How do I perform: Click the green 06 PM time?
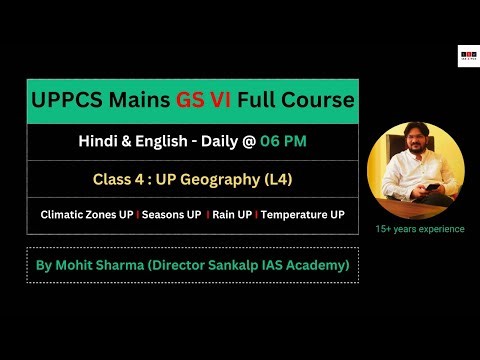pyautogui.click(x=284, y=141)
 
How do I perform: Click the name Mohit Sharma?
pyautogui.click(x=119, y=265)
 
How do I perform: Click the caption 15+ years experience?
pyautogui.click(x=420, y=229)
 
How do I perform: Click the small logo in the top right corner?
pyautogui.click(x=466, y=56)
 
